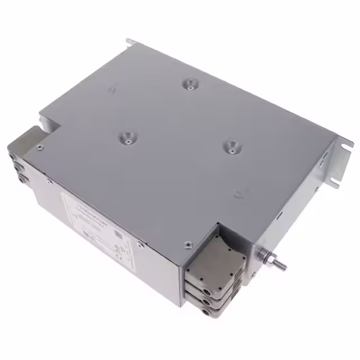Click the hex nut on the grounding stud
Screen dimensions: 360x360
tap(267, 259)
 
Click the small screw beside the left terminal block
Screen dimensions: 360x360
tap(39, 148)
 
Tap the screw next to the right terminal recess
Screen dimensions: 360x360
tap(187, 245)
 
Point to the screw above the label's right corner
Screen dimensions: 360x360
tap(139, 243)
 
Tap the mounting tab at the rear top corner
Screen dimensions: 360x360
tap(130, 42)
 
